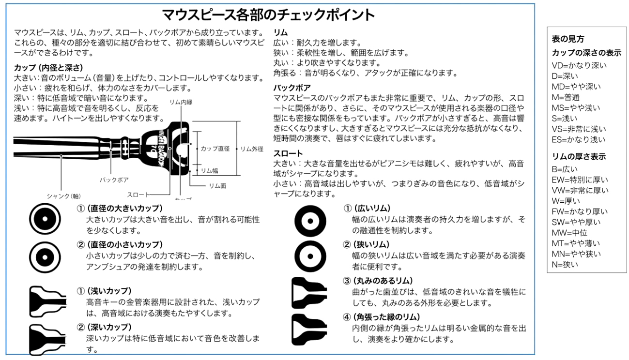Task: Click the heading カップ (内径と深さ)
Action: click(49, 67)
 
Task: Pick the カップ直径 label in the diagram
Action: click(215, 149)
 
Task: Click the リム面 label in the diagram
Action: click(218, 185)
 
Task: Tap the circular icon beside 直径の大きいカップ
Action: click(45, 219)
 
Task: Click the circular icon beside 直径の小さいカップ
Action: click(45, 255)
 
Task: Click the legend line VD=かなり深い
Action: click(579, 65)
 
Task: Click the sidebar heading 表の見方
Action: click(568, 39)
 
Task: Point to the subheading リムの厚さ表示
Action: click(579, 157)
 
